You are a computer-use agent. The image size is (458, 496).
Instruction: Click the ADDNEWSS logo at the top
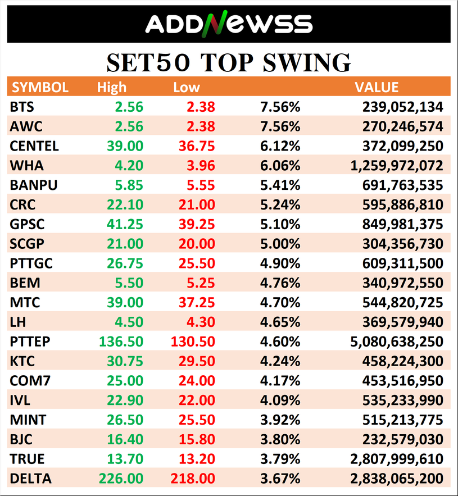[229, 24]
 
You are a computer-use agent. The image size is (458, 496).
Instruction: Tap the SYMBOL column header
[40, 87]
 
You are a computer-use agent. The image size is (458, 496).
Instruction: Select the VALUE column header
[376, 87]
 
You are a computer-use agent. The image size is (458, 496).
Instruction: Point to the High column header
[112, 87]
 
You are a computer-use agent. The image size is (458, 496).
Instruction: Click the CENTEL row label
[34, 146]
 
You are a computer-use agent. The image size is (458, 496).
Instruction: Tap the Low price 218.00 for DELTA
[192, 479]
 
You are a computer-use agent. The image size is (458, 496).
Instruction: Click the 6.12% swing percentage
[280, 146]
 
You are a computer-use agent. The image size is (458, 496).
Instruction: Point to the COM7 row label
[30, 381]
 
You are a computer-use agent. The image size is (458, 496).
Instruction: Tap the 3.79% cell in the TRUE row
[280, 459]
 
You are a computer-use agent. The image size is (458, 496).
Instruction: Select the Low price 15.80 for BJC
[196, 439]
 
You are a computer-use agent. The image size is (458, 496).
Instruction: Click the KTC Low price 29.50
[196, 361]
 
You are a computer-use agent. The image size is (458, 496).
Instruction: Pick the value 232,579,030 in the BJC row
[401, 439]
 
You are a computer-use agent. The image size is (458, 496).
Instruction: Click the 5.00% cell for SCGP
[280, 244]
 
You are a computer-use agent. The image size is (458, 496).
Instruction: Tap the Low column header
[187, 87]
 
